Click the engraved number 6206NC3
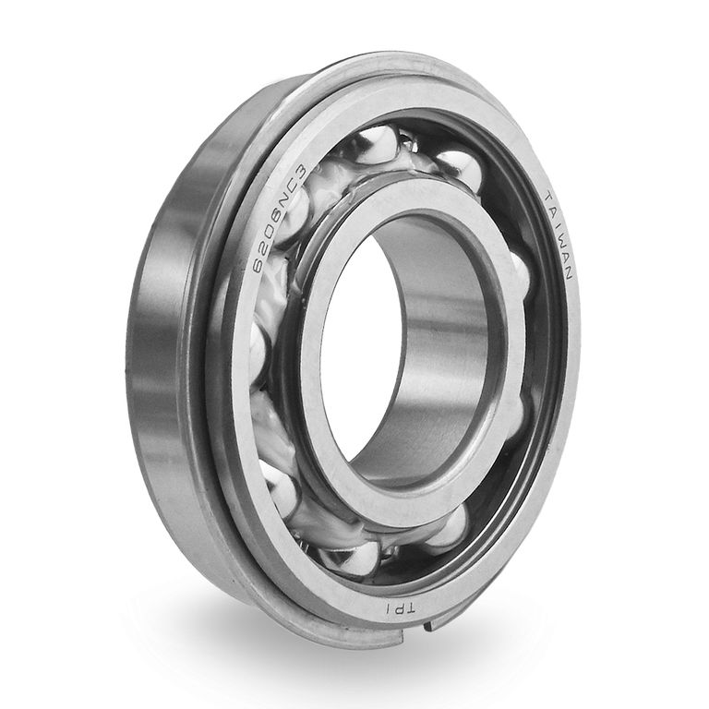pos(280,220)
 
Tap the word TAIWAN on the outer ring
pos(559,235)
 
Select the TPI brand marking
pos(399,610)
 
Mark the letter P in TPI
pos(399,610)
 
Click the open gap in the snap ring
pos(415,633)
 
